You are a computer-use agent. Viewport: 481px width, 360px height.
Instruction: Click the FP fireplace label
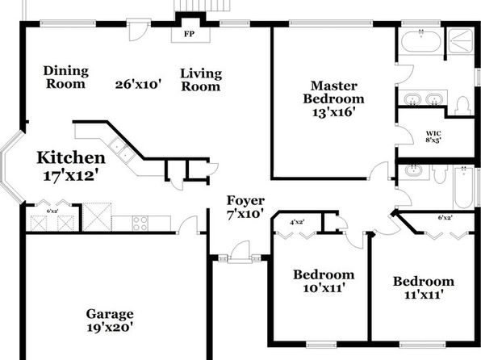tap(190, 34)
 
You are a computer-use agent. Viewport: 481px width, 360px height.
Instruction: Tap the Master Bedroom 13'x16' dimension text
tap(333, 112)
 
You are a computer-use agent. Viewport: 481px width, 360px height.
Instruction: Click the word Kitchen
tap(71, 157)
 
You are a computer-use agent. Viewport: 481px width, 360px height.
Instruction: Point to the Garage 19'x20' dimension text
tap(110, 328)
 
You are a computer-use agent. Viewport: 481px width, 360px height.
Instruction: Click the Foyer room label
tap(245, 201)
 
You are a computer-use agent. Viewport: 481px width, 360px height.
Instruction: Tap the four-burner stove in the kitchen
tap(140, 223)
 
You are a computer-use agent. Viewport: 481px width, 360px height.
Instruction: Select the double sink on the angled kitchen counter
tap(123, 149)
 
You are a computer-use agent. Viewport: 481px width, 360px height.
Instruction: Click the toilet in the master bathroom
tap(462, 107)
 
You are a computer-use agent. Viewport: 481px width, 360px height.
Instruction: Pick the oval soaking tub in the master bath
tap(421, 42)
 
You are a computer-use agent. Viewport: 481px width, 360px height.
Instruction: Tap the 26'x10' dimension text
tap(138, 85)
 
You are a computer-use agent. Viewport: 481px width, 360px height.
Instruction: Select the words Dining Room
tap(66, 77)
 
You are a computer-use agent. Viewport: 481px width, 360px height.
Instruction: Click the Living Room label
tap(201, 80)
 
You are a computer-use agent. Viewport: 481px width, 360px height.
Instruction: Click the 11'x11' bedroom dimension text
tap(424, 295)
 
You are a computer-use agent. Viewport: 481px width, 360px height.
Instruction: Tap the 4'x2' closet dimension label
tap(297, 222)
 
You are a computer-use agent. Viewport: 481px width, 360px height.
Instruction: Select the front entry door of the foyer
tap(240, 252)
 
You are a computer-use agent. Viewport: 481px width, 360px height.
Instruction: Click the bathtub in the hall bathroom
tap(463, 187)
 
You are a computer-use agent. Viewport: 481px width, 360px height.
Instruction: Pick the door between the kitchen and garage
tap(188, 225)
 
